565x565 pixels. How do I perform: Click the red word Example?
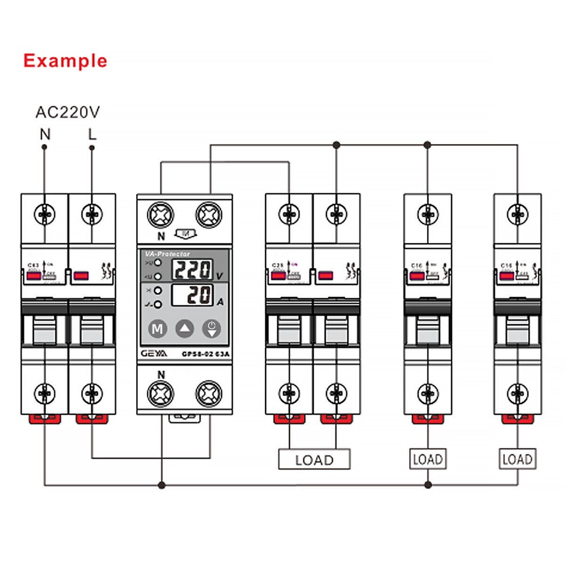click(x=65, y=60)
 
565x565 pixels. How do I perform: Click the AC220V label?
click(x=68, y=112)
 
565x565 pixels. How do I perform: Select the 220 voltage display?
click(x=192, y=270)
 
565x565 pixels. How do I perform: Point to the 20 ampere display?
click(x=192, y=295)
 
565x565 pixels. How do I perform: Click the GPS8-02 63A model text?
click(x=205, y=354)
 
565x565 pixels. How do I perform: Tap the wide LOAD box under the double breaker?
click(x=314, y=459)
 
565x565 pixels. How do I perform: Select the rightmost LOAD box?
click(x=517, y=459)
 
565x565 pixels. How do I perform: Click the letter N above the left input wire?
click(x=44, y=134)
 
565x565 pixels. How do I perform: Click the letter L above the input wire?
click(x=92, y=134)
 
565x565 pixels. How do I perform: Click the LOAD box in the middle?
click(x=427, y=459)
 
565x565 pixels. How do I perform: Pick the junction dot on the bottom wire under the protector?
click(x=162, y=485)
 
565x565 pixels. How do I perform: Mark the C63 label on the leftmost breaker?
click(x=33, y=264)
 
